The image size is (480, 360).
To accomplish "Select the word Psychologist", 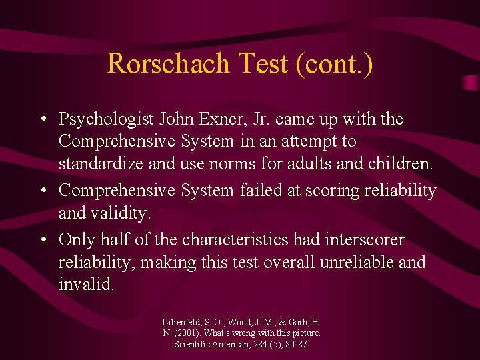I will pos(107,119).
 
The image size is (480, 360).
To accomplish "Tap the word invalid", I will pos(86,284).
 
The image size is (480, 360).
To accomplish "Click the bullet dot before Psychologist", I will pos(42,120).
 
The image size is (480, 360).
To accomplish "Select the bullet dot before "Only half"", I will pos(42,239).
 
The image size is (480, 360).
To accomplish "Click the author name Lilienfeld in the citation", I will pos(183,321).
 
